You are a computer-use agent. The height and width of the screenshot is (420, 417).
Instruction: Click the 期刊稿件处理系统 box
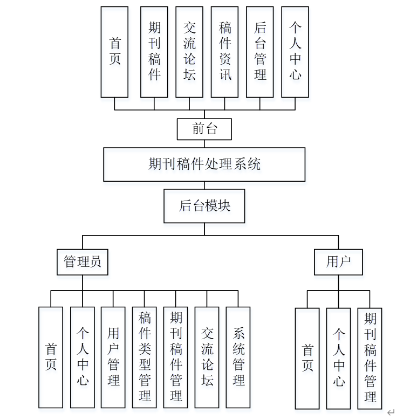tap(204, 164)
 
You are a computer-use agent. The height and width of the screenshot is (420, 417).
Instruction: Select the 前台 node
tap(204, 129)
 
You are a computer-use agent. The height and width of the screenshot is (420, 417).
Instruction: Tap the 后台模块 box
tap(204, 206)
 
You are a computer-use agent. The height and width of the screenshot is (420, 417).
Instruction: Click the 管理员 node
tap(83, 262)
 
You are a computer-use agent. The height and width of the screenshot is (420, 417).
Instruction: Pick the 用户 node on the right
tap(338, 262)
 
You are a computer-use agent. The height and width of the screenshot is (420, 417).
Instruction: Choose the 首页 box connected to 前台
tap(115, 52)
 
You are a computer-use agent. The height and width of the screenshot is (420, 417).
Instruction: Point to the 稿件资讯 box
tap(224, 52)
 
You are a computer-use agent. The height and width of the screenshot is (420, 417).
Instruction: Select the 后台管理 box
tap(259, 52)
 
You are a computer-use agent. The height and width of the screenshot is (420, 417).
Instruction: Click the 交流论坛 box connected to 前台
tap(189, 52)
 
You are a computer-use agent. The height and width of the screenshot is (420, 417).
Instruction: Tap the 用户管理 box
tap(113, 357)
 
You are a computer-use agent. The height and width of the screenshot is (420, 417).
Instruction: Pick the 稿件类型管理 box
tap(145, 357)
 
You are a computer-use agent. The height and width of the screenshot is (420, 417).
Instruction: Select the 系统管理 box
tap(238, 357)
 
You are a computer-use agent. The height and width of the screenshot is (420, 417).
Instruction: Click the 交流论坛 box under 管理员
tap(207, 357)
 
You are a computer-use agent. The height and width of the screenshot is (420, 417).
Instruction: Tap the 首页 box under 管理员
tap(51, 357)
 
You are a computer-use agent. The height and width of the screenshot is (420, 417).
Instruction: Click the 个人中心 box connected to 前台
tap(295, 52)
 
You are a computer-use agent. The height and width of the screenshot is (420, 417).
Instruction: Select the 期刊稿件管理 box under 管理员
tap(176, 357)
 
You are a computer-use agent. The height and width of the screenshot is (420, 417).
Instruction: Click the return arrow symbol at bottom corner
tap(391, 412)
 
